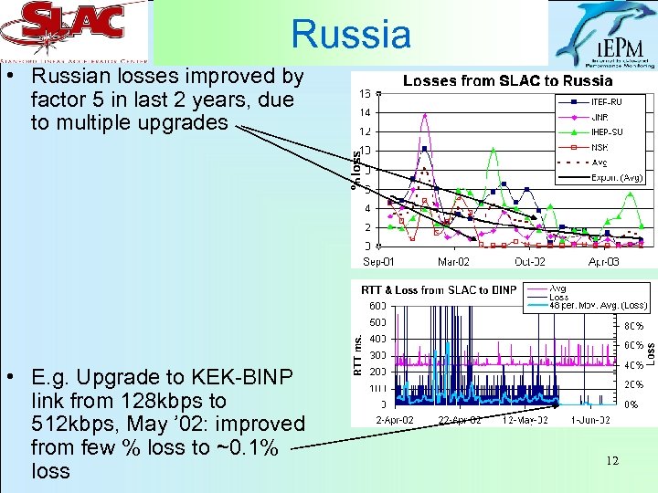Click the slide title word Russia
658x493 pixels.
(351, 35)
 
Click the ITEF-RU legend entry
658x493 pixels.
(605, 101)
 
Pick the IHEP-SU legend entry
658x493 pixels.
(608, 131)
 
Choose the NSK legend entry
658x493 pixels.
(600, 147)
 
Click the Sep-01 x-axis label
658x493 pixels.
(379, 262)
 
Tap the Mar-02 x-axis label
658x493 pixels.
(454, 262)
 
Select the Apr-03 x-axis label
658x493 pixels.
(603, 262)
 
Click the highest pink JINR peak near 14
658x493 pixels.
(424, 115)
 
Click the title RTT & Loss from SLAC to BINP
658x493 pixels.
(439, 291)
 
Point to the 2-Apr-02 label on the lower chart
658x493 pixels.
(396, 419)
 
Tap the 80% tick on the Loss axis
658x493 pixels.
(632, 326)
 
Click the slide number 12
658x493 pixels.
(611, 461)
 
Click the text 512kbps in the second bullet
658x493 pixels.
(66, 424)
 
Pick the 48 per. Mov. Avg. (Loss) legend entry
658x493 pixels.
(598, 305)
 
